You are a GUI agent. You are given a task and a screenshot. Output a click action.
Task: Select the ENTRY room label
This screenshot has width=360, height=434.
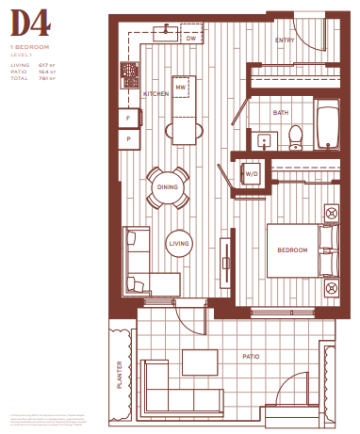(286, 41)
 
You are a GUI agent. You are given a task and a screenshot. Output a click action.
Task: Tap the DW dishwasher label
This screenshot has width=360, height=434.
(190, 39)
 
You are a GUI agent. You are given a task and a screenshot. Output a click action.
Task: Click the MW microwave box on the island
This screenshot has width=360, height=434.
(181, 88)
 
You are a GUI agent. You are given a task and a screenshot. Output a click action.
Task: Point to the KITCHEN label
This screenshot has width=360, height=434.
(155, 96)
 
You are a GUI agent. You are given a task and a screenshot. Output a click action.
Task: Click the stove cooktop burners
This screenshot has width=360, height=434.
(129, 73)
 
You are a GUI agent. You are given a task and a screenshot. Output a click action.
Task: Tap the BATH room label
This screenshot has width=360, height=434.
(281, 113)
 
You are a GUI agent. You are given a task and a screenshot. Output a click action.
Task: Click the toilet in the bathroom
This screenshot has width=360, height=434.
(295, 137)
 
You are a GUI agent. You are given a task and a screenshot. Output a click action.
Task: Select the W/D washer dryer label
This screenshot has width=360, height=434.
(252, 174)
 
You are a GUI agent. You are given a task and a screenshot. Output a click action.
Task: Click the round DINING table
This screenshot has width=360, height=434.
(168, 188)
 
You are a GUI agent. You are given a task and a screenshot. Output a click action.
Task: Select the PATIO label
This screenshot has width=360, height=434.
(251, 356)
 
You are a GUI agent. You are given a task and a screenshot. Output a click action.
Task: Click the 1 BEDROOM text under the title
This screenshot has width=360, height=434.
(29, 45)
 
